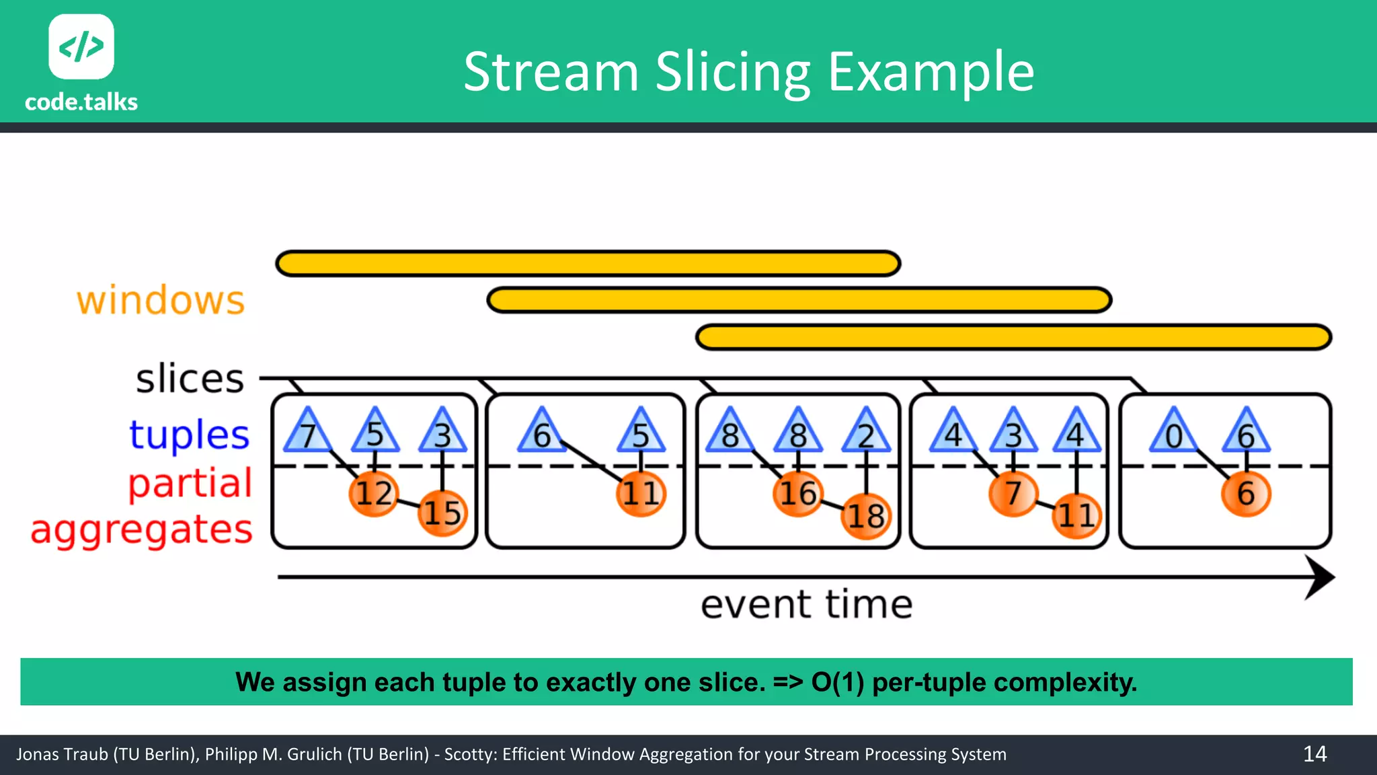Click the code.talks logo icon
[x=81, y=46]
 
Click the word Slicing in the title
[x=734, y=73]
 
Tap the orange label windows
[x=161, y=300]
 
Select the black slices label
[x=190, y=379]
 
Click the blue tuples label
[x=190, y=435]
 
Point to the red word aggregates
[x=142, y=529]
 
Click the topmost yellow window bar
[x=588, y=264]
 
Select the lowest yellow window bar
[x=1013, y=337]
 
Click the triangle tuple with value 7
[x=308, y=433]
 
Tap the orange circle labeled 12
[x=374, y=494]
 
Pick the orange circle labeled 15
[x=442, y=513]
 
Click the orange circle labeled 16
[x=797, y=494]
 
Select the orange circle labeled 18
[x=866, y=516]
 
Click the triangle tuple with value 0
[x=1173, y=433]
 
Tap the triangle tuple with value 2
[x=866, y=433]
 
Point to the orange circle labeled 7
[x=1013, y=494]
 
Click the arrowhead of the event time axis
[x=1319, y=577]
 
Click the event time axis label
[x=806, y=604]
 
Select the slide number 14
[x=1314, y=753]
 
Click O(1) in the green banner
[x=837, y=682]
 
